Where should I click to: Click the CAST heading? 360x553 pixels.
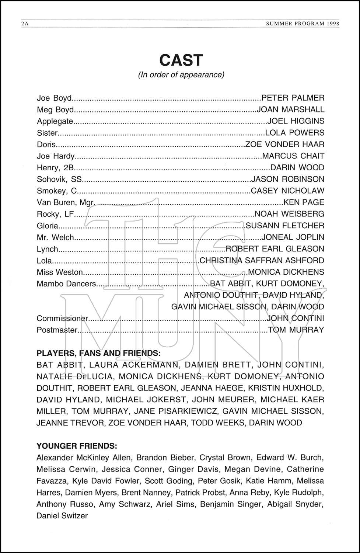pyautogui.click(x=181, y=60)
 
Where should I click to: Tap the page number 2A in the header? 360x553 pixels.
pyautogui.click(x=25, y=24)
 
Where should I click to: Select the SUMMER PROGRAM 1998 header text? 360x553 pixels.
pyautogui.click(x=302, y=24)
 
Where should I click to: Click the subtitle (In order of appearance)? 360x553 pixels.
pyautogui.click(x=181, y=75)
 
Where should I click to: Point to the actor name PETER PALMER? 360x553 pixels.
pyautogui.click(x=293, y=98)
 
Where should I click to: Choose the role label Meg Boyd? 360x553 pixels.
pyautogui.click(x=55, y=110)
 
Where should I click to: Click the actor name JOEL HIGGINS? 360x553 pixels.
pyautogui.click(x=296, y=121)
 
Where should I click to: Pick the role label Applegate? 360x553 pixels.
pyautogui.click(x=55, y=121)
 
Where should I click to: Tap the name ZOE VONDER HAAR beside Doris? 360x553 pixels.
pyautogui.click(x=285, y=145)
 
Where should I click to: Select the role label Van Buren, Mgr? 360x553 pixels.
pyautogui.click(x=66, y=202)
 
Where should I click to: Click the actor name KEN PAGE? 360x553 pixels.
pyautogui.click(x=304, y=202)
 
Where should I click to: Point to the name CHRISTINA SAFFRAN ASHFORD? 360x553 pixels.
pyautogui.click(x=262, y=261)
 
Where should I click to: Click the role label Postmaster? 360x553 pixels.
pyautogui.click(x=57, y=330)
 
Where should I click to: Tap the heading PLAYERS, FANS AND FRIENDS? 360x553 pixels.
pyautogui.click(x=98, y=353)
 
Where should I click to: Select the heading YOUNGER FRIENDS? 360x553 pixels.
pyautogui.click(x=77, y=446)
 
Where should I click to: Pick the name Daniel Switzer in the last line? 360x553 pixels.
pyautogui.click(x=62, y=516)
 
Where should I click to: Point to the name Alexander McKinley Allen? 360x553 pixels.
pyautogui.click(x=84, y=458)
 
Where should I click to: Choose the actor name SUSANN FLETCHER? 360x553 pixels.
pyautogui.click(x=285, y=226)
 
